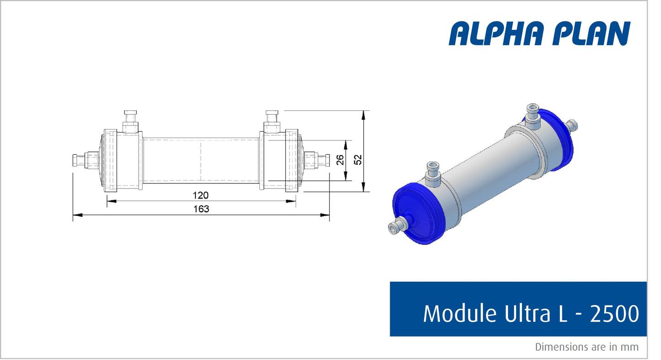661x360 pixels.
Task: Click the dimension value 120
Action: click(x=200, y=195)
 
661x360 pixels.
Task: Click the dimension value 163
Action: click(x=200, y=209)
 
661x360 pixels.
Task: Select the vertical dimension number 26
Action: click(x=340, y=160)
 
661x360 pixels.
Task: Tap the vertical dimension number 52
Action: click(x=358, y=160)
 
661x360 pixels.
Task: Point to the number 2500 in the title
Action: click(x=614, y=314)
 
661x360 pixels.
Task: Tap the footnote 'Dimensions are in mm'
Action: click(x=586, y=347)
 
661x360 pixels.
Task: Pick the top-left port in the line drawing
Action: click(x=130, y=121)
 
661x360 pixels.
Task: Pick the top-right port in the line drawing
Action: click(x=272, y=121)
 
